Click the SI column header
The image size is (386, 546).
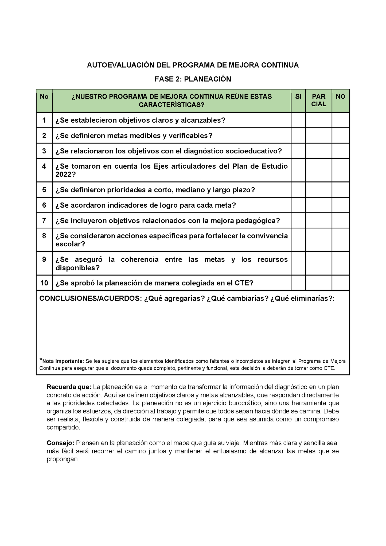[x=298, y=97]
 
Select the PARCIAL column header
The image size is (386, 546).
[x=319, y=100]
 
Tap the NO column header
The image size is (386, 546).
[x=341, y=97]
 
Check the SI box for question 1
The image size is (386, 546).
[x=298, y=120]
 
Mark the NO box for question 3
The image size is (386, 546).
[x=341, y=151]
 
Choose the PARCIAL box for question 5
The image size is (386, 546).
[x=319, y=190]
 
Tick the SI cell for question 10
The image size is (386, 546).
[x=298, y=283]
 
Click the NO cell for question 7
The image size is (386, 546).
[x=341, y=220]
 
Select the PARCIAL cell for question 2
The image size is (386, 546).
[x=319, y=135]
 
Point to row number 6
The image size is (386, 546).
[x=44, y=205]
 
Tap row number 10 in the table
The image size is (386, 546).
[x=44, y=283]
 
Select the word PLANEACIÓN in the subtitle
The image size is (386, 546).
[x=208, y=79]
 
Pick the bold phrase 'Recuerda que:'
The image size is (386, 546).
[x=69, y=387]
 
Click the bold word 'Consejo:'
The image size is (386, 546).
[x=60, y=443]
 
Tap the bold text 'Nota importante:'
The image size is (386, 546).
[x=63, y=361]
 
